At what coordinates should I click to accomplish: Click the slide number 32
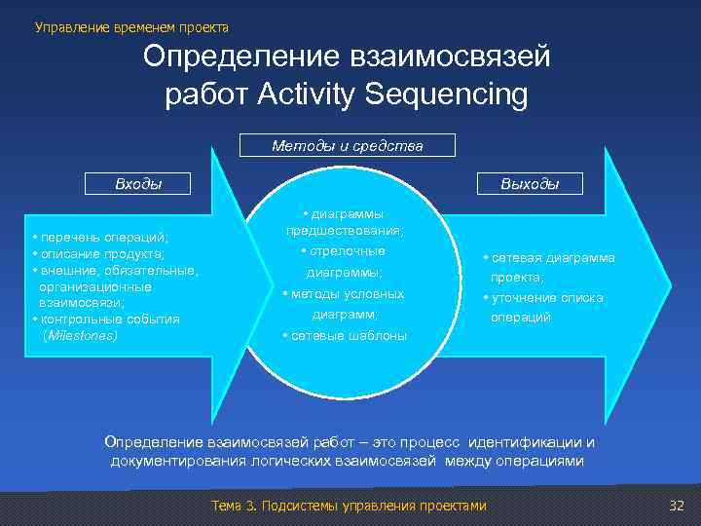tap(678, 506)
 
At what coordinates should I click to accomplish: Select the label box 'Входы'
tap(138, 182)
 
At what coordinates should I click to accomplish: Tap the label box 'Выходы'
tap(529, 182)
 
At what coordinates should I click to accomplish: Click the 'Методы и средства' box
tap(348, 146)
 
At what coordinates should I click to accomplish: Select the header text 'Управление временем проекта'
tap(131, 27)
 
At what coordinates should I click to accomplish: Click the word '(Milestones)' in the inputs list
tap(81, 334)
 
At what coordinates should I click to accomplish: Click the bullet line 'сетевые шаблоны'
tap(346, 336)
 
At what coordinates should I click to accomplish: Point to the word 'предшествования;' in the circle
tap(345, 231)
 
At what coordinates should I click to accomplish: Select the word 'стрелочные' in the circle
tap(349, 251)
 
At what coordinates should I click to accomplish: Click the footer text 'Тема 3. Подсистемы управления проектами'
tap(348, 506)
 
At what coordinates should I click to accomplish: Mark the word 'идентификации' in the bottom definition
tap(532, 443)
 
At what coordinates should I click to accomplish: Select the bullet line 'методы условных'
tap(345, 293)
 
